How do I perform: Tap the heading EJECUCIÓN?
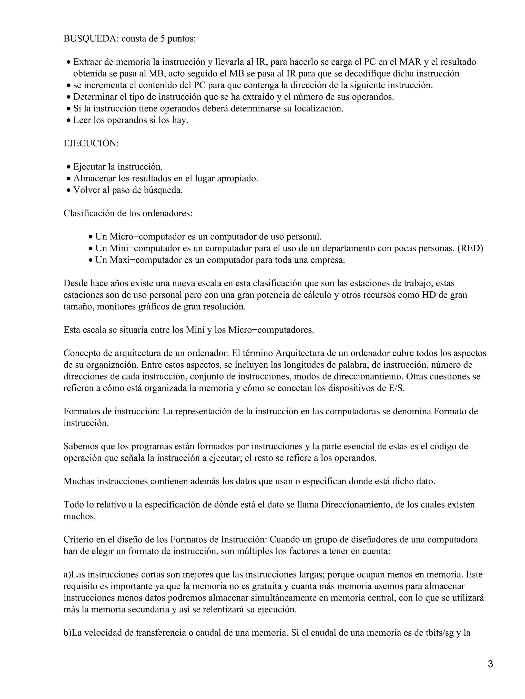coord(91,143)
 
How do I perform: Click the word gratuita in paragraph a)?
coord(267,586)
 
